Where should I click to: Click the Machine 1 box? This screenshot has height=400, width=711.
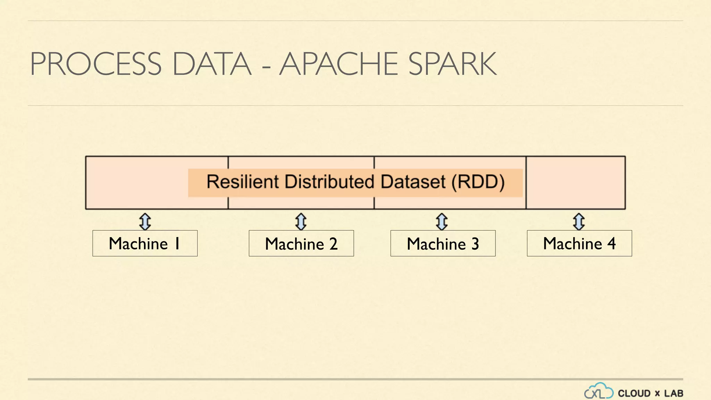[145, 243]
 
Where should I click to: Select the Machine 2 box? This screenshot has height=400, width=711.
[301, 243]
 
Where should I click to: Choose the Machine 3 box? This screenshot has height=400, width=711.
[443, 243]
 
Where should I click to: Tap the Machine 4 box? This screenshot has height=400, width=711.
[579, 243]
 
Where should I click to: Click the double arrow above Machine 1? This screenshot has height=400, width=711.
[145, 222]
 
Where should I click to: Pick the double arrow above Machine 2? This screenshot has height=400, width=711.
[301, 222]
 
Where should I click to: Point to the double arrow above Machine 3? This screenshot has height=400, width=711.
[442, 222]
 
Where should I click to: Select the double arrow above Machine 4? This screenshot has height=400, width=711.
[579, 222]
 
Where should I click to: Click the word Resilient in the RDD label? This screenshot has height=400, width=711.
[242, 182]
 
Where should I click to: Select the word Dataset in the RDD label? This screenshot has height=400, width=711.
[413, 182]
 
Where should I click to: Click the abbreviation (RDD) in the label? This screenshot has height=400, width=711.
[478, 182]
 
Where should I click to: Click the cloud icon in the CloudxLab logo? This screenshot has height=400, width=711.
[599, 391]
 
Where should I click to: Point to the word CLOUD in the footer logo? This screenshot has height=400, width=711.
[634, 394]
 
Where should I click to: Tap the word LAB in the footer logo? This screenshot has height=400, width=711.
[674, 394]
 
